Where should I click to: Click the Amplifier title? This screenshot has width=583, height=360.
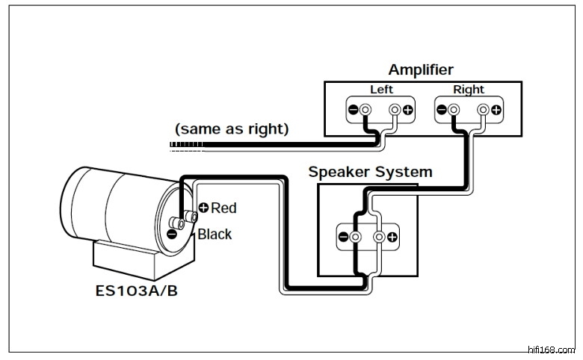421,70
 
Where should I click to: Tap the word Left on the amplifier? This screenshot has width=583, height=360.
381,90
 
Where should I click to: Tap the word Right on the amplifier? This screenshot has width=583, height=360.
469,90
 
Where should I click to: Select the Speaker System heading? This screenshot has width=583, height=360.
370,172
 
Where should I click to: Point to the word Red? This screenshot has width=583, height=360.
224,208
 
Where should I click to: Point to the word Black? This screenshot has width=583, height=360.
215,234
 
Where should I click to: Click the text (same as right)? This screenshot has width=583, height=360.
232,128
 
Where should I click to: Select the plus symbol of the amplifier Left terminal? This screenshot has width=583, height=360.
408,111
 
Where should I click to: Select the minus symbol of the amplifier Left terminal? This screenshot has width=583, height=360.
353,111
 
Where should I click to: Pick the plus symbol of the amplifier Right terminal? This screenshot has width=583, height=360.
496,111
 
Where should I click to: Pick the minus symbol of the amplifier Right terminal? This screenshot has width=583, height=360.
441,111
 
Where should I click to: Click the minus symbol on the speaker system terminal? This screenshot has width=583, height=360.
343,238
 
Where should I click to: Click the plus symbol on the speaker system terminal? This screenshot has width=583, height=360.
392,238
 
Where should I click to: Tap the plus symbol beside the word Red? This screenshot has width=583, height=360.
203,208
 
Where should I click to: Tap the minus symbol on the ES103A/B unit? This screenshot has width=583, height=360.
172,234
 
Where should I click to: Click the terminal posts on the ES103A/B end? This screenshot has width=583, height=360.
184,220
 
